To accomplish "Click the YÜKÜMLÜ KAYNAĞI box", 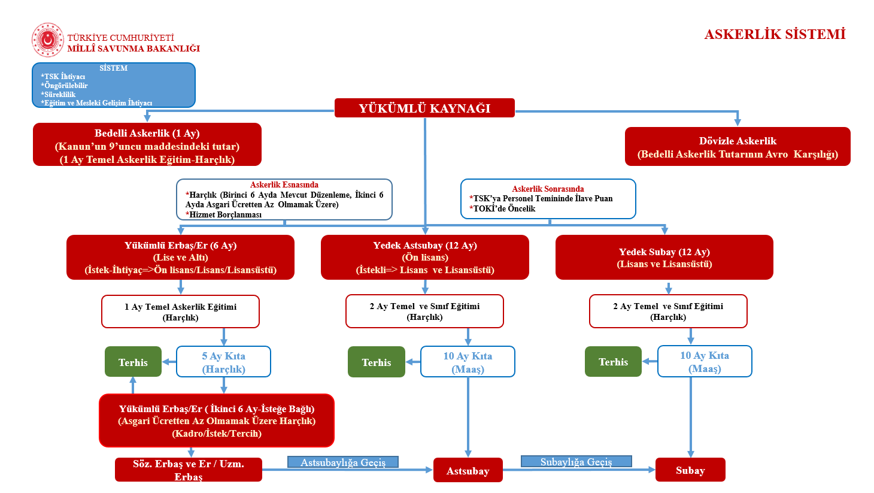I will (x=424, y=108).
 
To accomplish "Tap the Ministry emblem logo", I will (x=47, y=40).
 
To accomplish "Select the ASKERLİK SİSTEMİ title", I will (x=775, y=34).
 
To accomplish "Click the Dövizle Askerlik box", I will (x=738, y=147).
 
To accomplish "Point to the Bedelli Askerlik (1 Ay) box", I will (x=147, y=145).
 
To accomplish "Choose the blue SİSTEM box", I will (x=114, y=85).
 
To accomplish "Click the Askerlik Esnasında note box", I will (x=284, y=200).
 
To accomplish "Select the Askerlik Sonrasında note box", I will (x=548, y=199).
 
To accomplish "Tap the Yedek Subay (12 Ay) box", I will (x=664, y=258).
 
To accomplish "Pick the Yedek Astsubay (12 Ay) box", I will (x=425, y=258).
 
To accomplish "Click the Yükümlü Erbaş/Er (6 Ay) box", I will (x=180, y=258).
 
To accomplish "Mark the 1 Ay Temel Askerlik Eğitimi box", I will (x=180, y=311).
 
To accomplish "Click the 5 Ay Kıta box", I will (x=223, y=362).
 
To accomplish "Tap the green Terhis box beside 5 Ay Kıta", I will (x=133, y=362).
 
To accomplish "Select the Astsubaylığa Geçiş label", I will (x=343, y=462).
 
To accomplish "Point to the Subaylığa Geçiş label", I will (x=576, y=461).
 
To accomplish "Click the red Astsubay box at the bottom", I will (x=468, y=470).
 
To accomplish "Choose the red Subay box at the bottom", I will (x=690, y=470).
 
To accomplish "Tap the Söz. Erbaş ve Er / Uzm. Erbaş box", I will (x=189, y=470).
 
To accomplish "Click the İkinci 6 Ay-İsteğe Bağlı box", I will (x=217, y=421).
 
